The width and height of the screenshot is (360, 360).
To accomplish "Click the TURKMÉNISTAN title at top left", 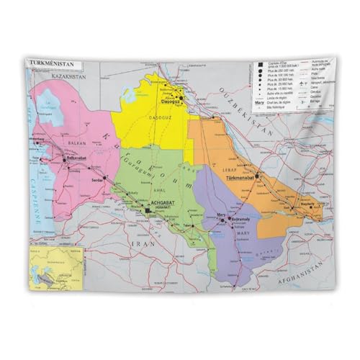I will (49, 64).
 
